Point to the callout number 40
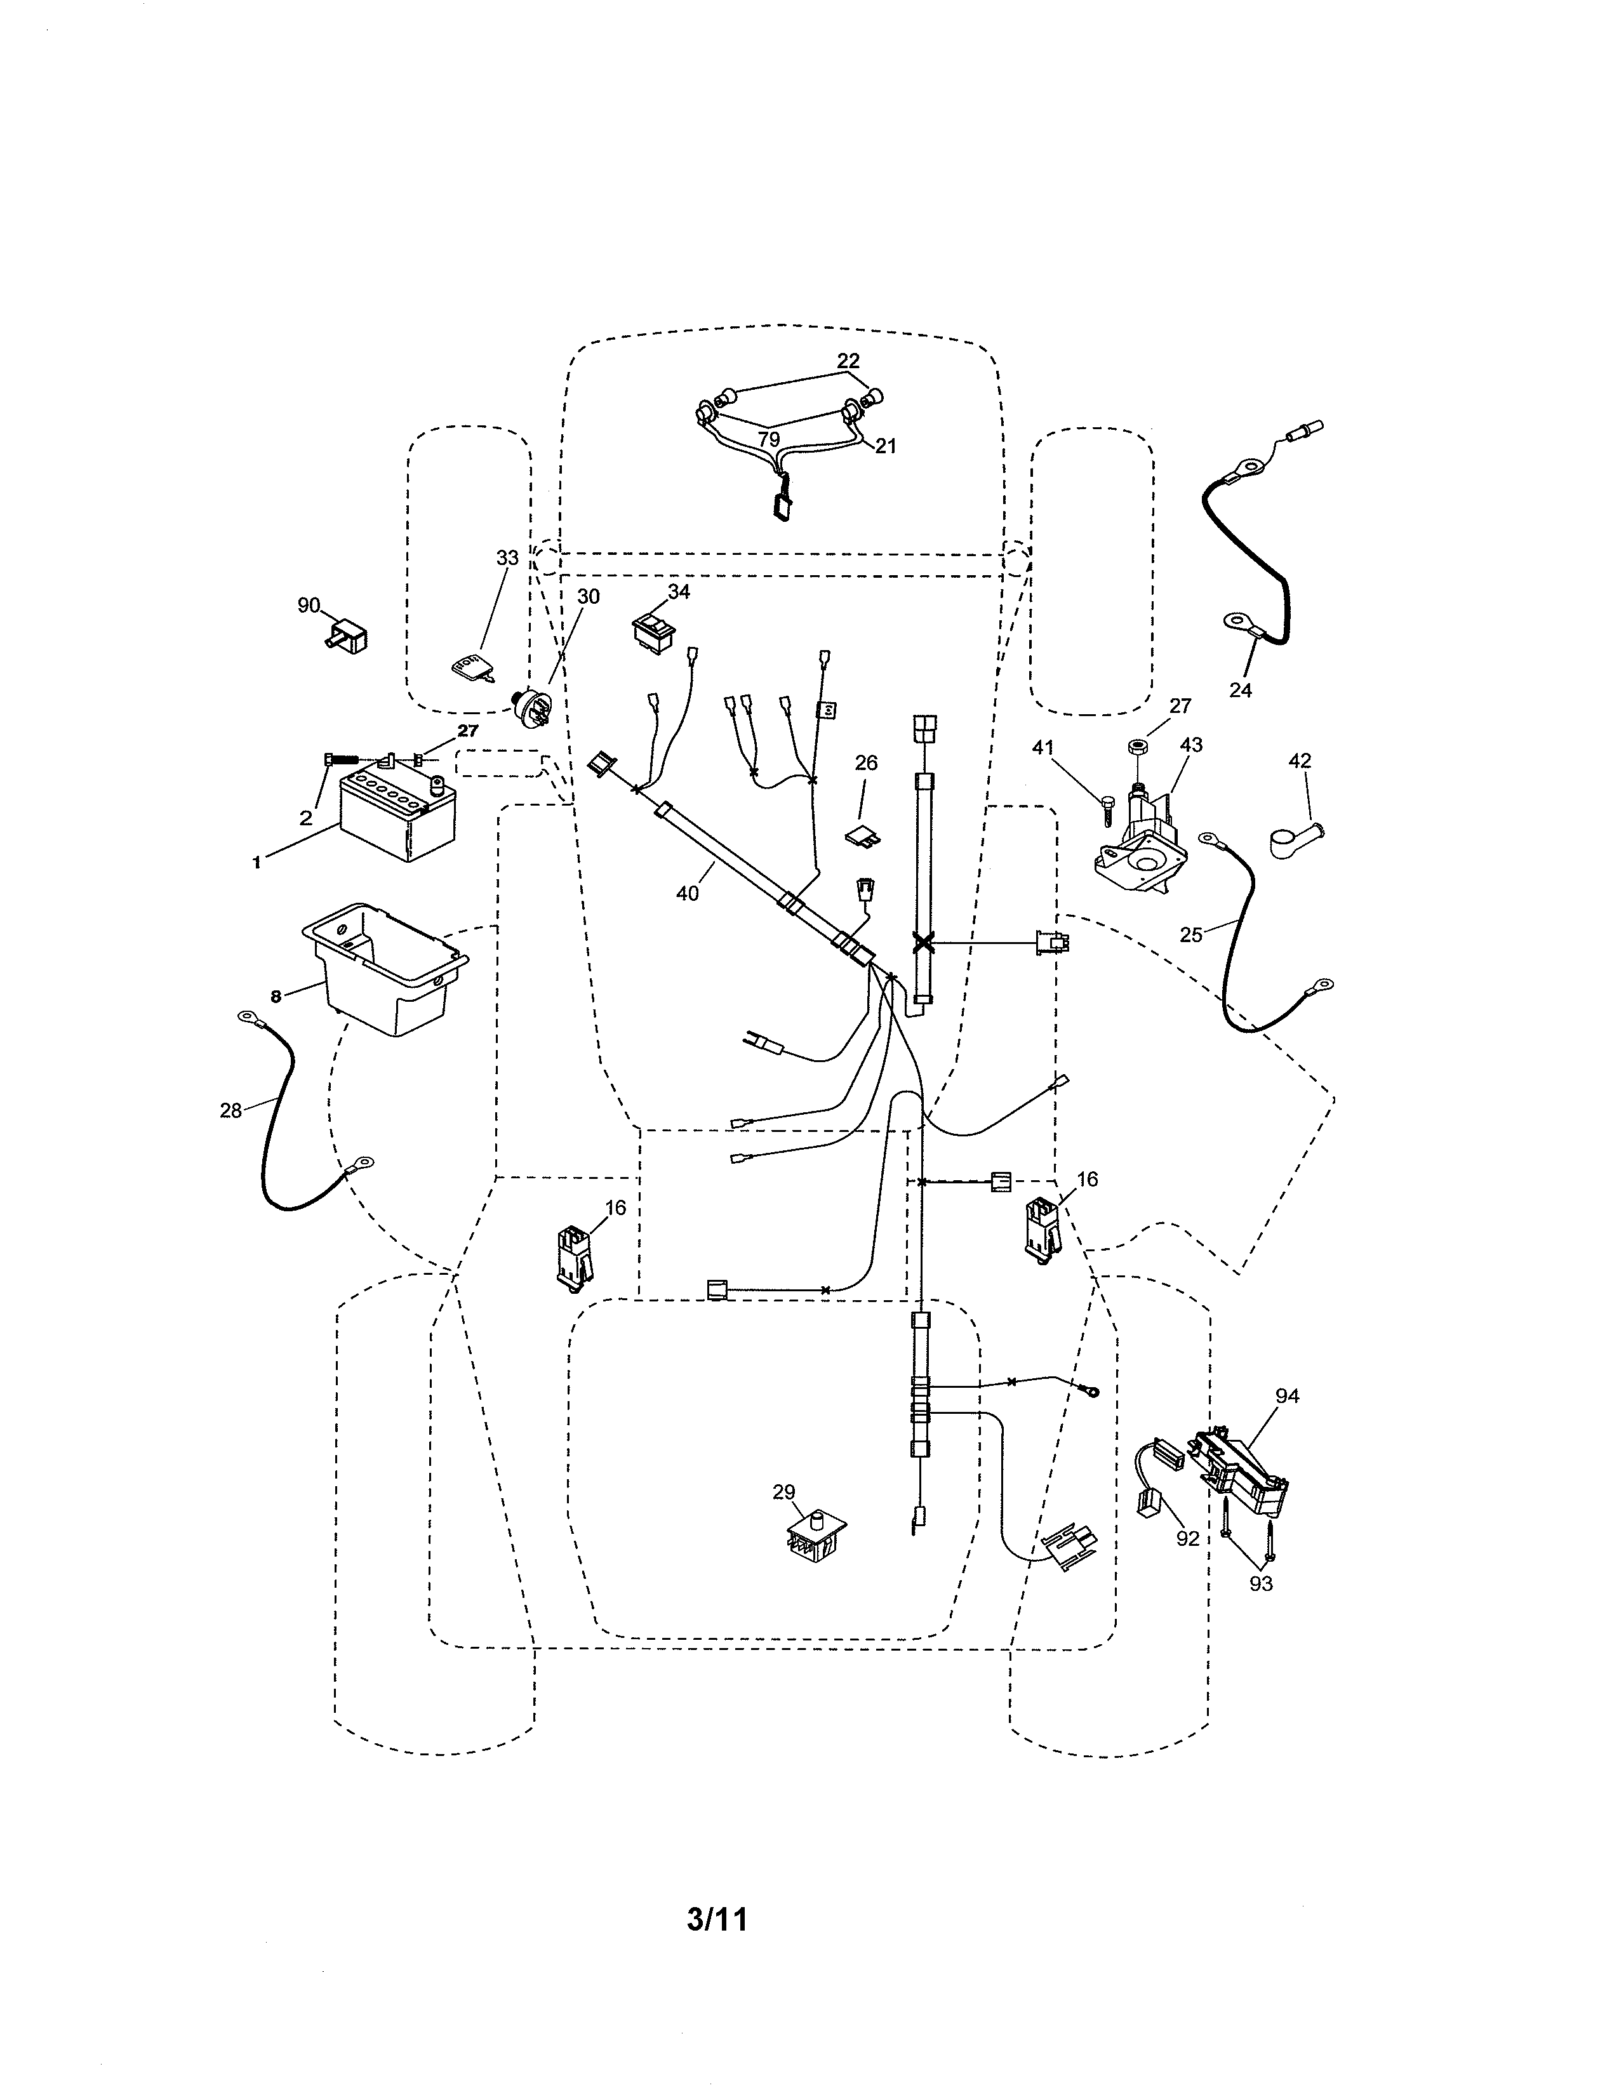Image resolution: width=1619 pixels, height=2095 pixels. pyautogui.click(x=687, y=893)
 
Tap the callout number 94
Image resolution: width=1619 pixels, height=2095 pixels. pyautogui.click(x=1287, y=1397)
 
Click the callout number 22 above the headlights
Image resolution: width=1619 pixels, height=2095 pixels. pyautogui.click(x=848, y=361)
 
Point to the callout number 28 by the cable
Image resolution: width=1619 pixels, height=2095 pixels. pyautogui.click(x=230, y=1112)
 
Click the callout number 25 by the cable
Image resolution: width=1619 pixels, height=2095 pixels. pyautogui.click(x=1190, y=934)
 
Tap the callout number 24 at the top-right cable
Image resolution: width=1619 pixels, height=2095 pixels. pyautogui.click(x=1240, y=689)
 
